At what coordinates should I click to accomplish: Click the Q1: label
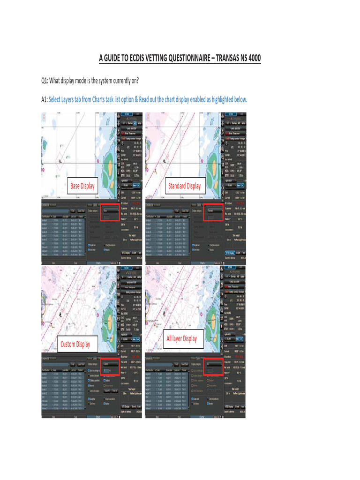coord(45,80)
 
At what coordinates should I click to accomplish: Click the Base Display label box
coord(82,186)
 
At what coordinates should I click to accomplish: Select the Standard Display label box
coord(184,186)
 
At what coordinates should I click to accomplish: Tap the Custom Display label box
coord(75,345)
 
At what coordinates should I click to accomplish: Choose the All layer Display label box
coord(181,338)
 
